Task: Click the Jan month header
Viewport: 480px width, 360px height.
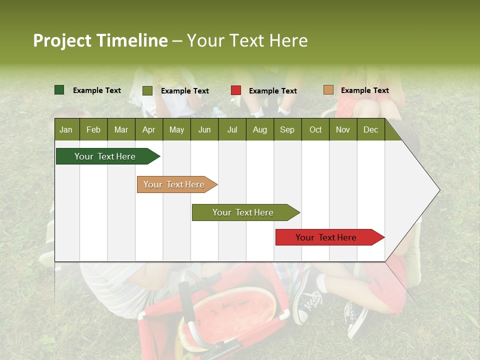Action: pyautogui.click(x=66, y=130)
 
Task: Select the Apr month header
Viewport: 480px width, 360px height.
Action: pyautogui.click(x=148, y=130)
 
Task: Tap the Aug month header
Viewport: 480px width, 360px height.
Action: pyautogui.click(x=259, y=130)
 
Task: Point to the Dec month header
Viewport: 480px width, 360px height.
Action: pyautogui.click(x=370, y=130)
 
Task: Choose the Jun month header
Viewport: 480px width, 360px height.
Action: pyautogui.click(x=204, y=130)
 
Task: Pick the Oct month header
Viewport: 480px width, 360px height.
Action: pyautogui.click(x=315, y=130)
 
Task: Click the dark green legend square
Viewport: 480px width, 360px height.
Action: pyautogui.click(x=59, y=90)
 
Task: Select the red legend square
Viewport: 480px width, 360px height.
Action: pyautogui.click(x=236, y=90)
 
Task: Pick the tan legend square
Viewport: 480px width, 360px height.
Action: pyautogui.click(x=328, y=90)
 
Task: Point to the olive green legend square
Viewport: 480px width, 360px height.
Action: pyautogui.click(x=147, y=90)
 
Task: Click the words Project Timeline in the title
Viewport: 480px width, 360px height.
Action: pyautogui.click(x=100, y=40)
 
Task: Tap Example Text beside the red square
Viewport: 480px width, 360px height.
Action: pyautogui.click(x=272, y=91)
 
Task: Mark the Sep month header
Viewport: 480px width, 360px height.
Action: pyautogui.click(x=287, y=130)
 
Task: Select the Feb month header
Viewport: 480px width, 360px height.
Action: pyautogui.click(x=93, y=130)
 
